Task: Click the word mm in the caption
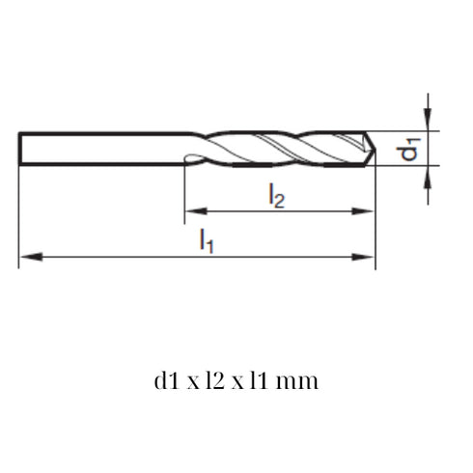click(301, 381)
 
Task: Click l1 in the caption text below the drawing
click(258, 381)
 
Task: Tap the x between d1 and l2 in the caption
click(188, 382)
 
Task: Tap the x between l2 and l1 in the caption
click(236, 382)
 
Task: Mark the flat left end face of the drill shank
click(19, 148)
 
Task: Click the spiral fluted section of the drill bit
click(280, 148)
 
